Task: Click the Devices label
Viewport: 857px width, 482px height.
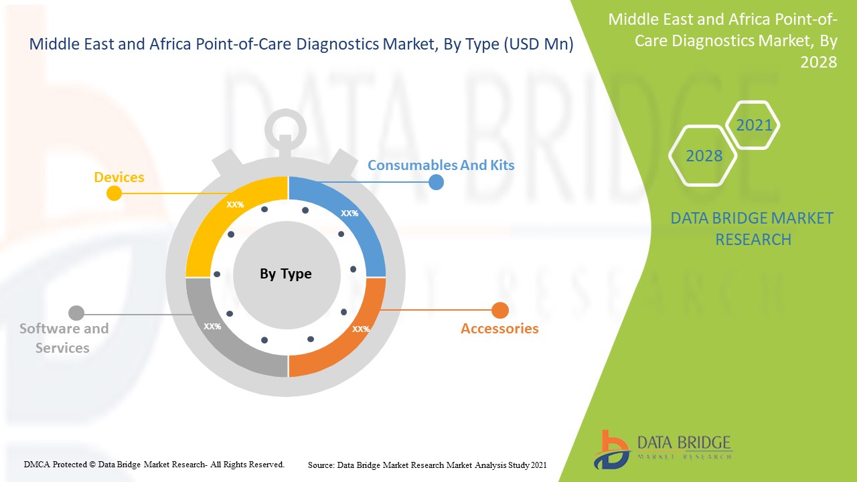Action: (119, 177)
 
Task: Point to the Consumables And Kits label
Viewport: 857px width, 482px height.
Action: (441, 165)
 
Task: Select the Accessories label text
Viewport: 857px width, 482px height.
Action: (499, 329)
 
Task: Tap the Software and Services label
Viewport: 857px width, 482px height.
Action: (64, 338)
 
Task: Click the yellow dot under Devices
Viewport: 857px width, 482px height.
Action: (114, 193)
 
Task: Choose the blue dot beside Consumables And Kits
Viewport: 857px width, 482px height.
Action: (436, 181)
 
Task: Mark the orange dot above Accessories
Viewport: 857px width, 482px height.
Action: (500, 311)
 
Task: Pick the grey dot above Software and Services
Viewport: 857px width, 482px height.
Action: (76, 313)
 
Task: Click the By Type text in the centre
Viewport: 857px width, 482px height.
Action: (286, 274)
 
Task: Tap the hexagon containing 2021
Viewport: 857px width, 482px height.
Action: (754, 125)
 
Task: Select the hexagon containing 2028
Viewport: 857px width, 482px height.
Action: (704, 156)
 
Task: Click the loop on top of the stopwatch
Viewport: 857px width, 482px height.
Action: (285, 127)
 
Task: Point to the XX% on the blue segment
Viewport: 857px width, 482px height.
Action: (349, 214)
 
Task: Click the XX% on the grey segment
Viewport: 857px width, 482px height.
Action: (212, 327)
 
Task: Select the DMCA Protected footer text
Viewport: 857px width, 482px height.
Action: (154, 464)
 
